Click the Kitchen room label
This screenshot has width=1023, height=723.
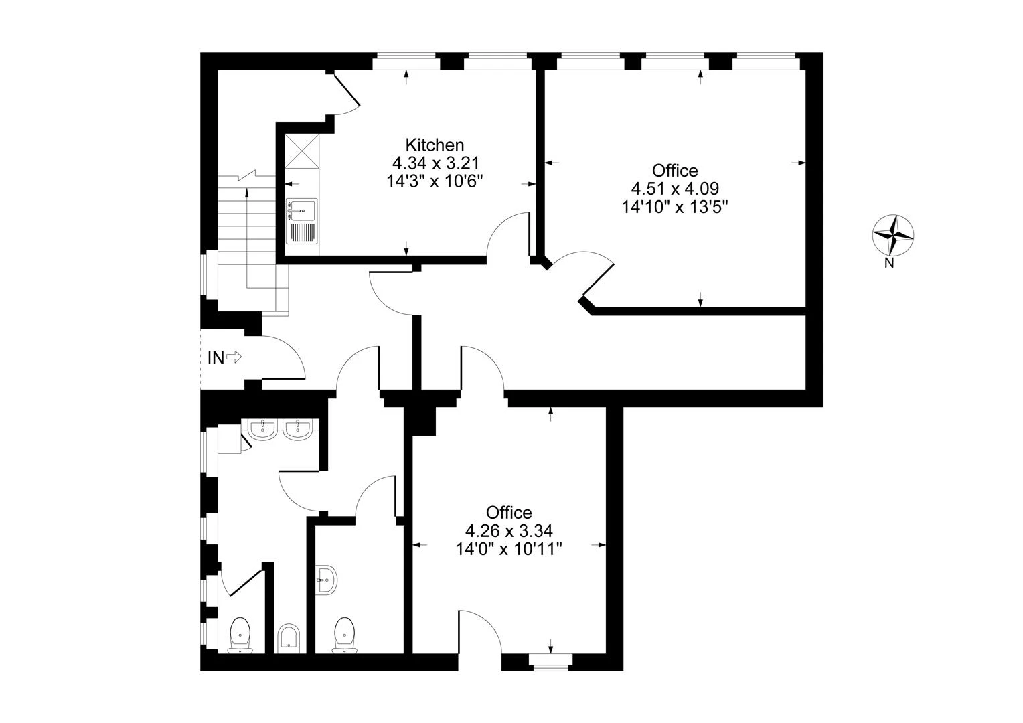(x=435, y=145)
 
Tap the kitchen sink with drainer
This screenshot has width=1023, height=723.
(x=302, y=222)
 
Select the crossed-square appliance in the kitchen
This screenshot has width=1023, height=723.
(x=302, y=151)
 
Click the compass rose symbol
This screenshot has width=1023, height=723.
(x=893, y=235)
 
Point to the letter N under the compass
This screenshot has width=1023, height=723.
(x=889, y=264)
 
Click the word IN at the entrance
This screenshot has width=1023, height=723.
(x=216, y=358)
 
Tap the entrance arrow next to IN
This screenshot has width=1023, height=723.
(x=234, y=357)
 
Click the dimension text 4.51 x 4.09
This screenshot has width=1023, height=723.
(x=675, y=188)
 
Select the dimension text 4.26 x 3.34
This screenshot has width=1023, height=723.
(x=509, y=531)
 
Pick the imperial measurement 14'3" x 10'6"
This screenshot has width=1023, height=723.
(x=435, y=181)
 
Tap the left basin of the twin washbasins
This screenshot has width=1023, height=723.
(x=263, y=430)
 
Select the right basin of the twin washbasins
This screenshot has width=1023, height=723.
(x=297, y=430)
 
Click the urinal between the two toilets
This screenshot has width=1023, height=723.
(x=289, y=637)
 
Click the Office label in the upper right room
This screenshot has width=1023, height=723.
(x=675, y=170)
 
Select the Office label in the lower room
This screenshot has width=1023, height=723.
(x=509, y=513)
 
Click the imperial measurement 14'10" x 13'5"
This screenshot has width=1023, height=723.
(x=675, y=206)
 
